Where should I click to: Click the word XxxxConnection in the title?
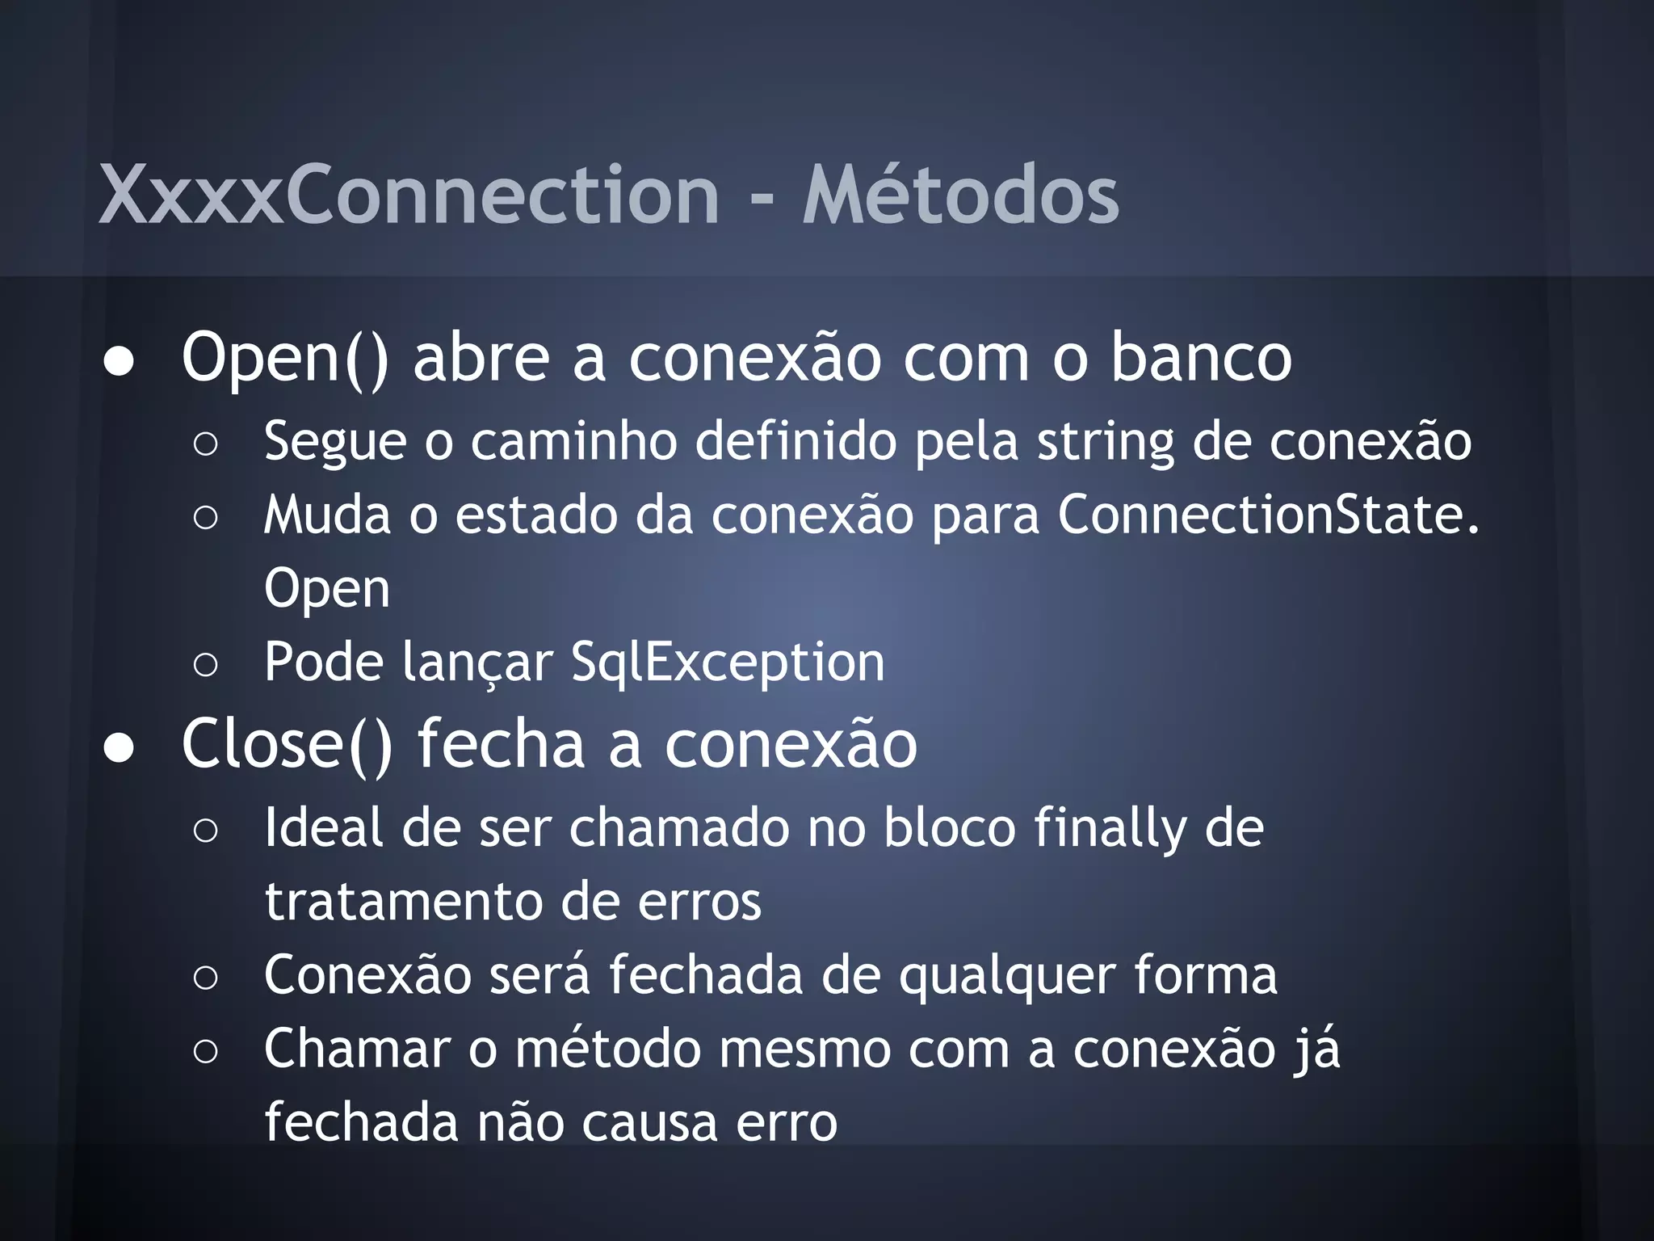coord(409,195)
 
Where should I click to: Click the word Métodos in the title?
coord(960,195)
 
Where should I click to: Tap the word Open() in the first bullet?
coord(285,357)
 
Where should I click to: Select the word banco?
coord(1201,357)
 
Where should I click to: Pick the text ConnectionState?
coord(1268,515)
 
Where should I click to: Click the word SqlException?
coord(728,663)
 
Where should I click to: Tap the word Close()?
coord(287,744)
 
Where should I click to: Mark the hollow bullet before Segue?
coord(206,444)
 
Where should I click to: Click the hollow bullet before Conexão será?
coord(206,978)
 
